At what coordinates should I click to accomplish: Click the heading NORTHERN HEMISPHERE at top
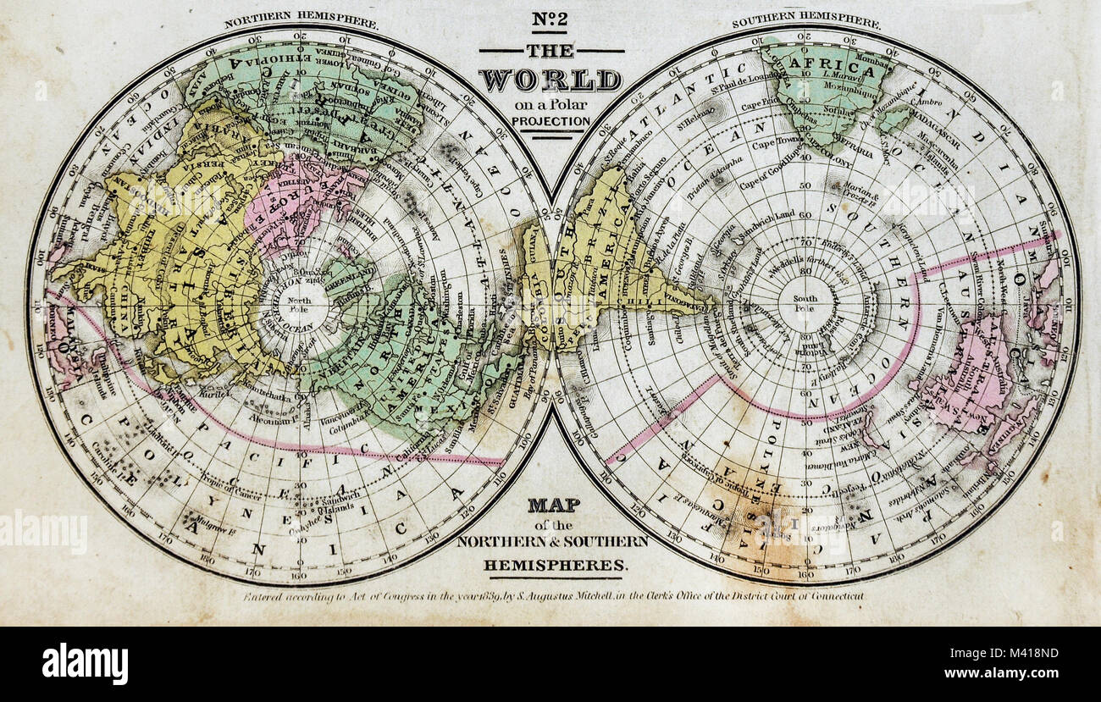tap(301, 22)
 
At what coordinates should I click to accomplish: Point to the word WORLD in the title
tap(550, 80)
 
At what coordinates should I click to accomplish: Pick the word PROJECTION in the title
tap(550, 121)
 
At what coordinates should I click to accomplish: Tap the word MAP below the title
tap(554, 506)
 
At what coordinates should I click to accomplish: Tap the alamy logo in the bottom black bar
tap(85, 663)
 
